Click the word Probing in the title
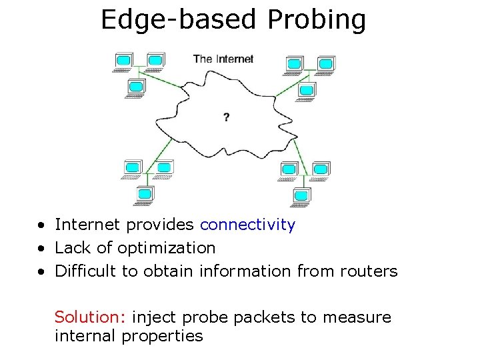(x=317, y=20)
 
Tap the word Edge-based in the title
(x=179, y=20)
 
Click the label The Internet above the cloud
(x=223, y=59)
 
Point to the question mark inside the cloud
(x=227, y=117)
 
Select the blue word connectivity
(x=247, y=225)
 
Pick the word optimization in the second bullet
(x=167, y=248)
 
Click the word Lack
(x=73, y=248)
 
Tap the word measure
(x=357, y=317)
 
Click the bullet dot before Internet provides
(x=41, y=225)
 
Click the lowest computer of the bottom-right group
(x=302, y=196)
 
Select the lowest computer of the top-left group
(x=136, y=87)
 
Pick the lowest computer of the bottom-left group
(x=145, y=195)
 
